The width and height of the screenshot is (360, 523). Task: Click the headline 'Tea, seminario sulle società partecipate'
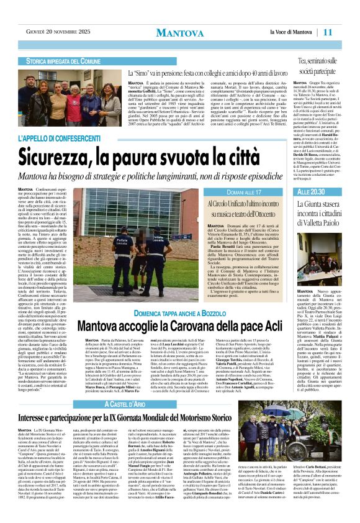[x=324, y=66]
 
